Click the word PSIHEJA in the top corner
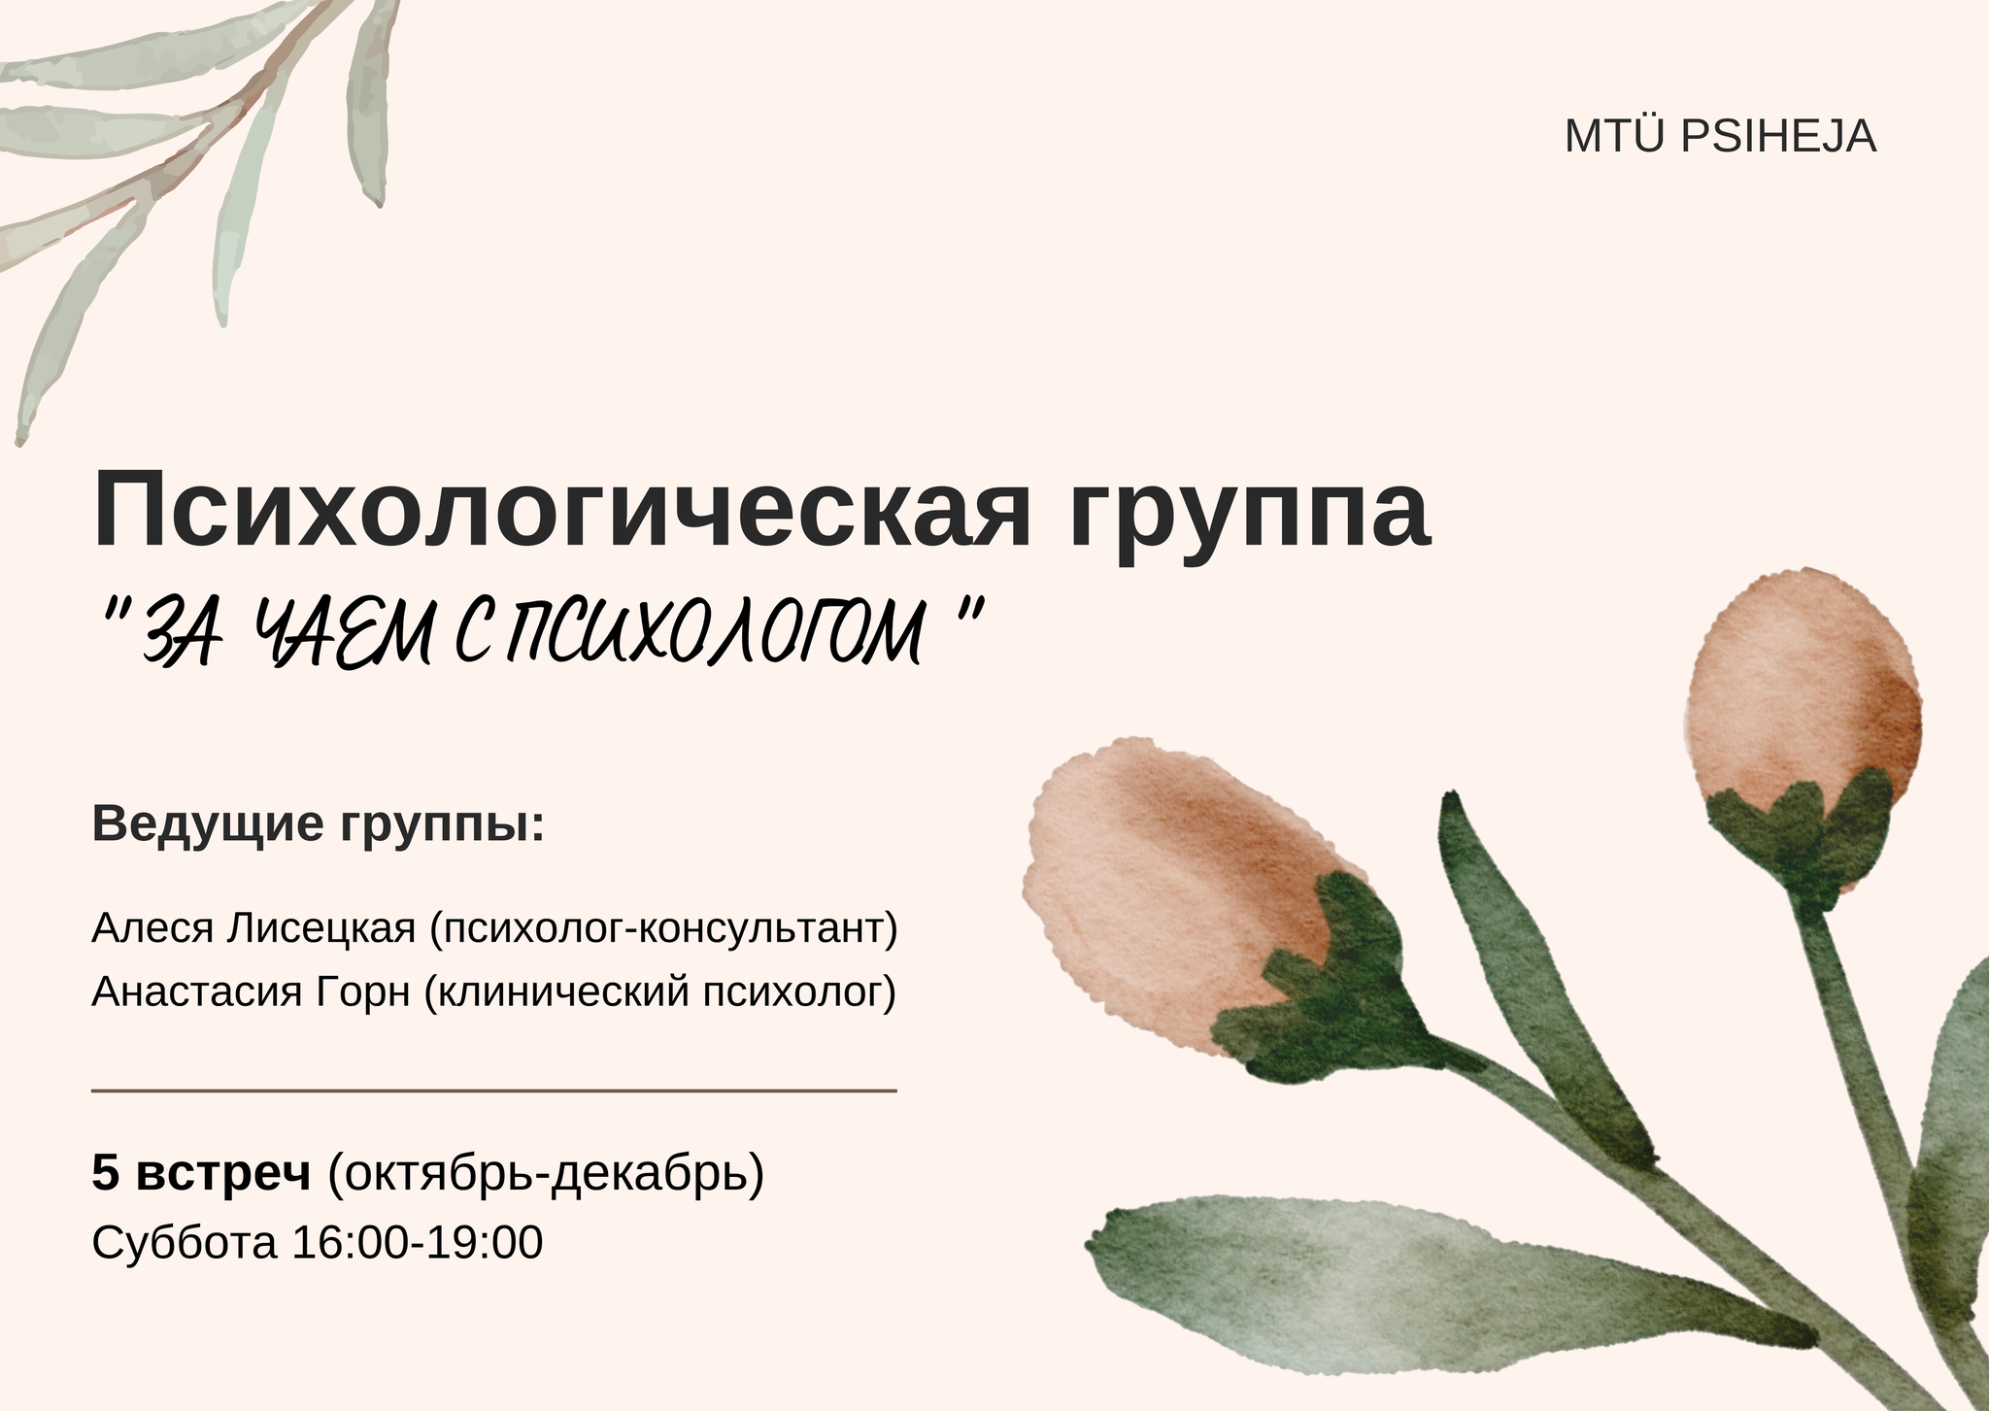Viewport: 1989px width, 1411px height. pos(1778,137)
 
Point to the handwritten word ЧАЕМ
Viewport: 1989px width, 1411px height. pos(343,634)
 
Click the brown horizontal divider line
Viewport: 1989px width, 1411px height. pos(493,1092)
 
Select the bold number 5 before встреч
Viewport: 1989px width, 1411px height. pos(105,1172)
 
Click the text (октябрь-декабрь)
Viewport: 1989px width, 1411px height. pos(546,1174)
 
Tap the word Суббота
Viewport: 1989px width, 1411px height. pos(185,1243)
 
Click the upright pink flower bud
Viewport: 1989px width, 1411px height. pos(1804,719)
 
